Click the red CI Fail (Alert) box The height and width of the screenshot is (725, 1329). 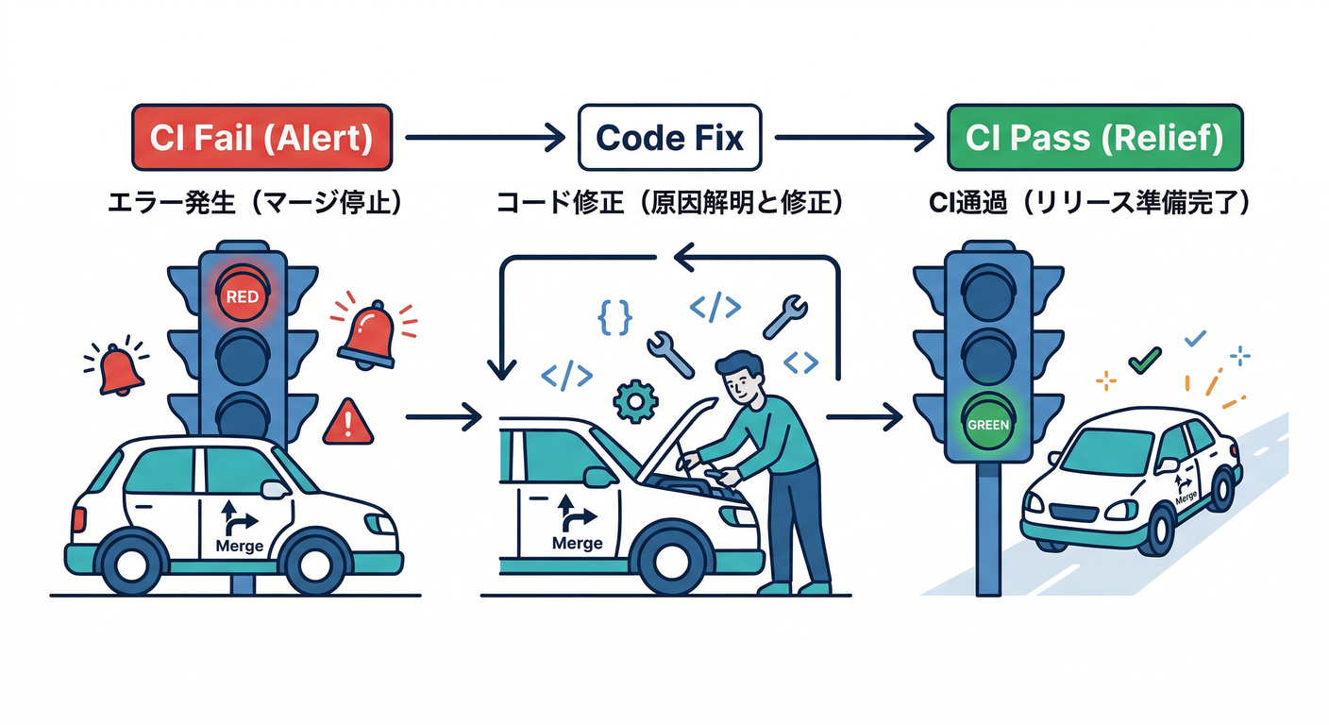[x=260, y=138]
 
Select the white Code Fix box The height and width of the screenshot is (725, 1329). [x=669, y=138]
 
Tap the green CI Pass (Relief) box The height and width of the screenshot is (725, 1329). [x=1095, y=138]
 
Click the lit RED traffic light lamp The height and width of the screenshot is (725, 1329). [x=243, y=295]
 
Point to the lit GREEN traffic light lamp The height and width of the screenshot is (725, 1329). [x=988, y=424]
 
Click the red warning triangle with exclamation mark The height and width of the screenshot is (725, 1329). [x=348, y=422]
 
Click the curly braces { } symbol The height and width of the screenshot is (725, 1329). [x=614, y=317]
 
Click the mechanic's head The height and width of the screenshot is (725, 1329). [x=739, y=376]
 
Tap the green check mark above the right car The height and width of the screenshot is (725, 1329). [x=1144, y=360]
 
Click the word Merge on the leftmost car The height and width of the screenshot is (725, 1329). [x=239, y=545]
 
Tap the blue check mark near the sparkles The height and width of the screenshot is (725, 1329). [x=1194, y=337]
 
